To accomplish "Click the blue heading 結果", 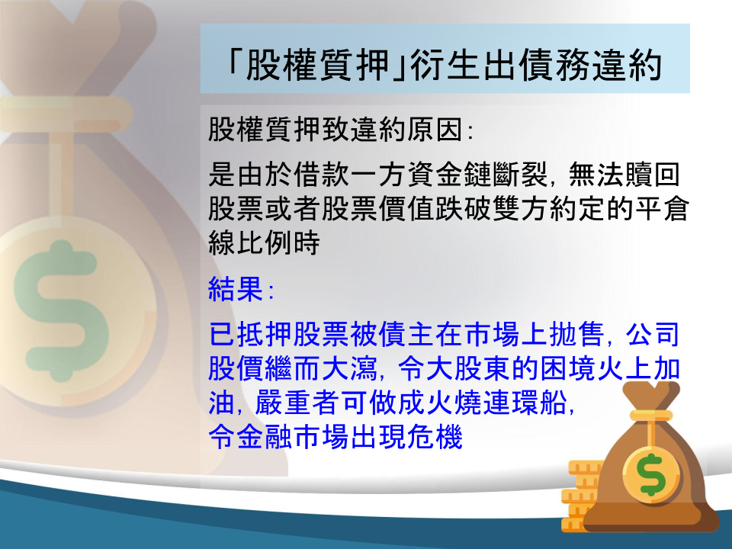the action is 236,289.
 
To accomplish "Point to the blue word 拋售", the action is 576,334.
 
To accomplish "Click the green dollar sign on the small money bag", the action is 652,475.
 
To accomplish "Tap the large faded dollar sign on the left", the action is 61,310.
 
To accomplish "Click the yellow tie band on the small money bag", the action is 650,415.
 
